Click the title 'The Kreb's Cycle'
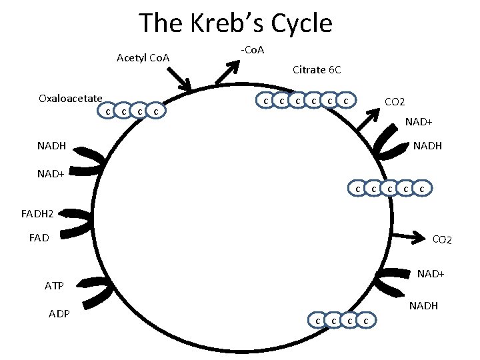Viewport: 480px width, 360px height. (x=235, y=23)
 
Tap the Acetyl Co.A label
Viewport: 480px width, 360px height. (x=143, y=58)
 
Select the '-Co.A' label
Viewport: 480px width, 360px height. (x=252, y=50)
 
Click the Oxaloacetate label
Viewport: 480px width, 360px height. (x=70, y=99)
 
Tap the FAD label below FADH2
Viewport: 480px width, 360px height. (x=39, y=236)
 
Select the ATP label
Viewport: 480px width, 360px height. (x=54, y=286)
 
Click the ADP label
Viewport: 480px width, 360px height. (x=60, y=314)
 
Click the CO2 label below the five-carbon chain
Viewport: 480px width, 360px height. (x=442, y=239)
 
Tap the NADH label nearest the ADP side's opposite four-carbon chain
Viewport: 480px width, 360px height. (x=423, y=306)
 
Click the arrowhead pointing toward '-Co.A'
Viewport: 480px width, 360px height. (x=235, y=65)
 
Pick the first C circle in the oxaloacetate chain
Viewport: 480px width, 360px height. (x=107, y=110)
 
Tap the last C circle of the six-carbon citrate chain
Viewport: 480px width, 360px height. (x=345, y=101)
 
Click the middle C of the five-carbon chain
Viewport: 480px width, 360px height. (x=390, y=189)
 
